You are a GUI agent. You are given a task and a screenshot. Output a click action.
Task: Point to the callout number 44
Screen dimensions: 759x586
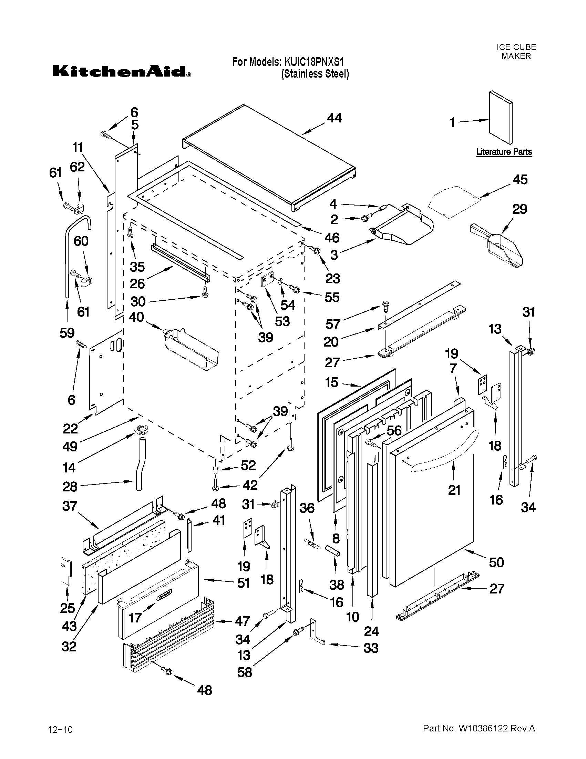point(334,119)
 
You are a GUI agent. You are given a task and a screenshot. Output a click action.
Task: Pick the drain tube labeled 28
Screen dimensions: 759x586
point(141,464)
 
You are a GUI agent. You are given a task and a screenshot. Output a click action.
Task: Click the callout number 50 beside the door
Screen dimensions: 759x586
point(496,562)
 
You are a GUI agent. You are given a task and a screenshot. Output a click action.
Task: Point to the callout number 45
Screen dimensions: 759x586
point(520,180)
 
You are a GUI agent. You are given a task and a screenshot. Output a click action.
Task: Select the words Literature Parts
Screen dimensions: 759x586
point(504,152)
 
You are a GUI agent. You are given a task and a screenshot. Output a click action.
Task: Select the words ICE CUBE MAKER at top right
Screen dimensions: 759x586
point(516,51)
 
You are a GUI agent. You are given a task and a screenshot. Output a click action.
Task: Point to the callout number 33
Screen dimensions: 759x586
point(370,648)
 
